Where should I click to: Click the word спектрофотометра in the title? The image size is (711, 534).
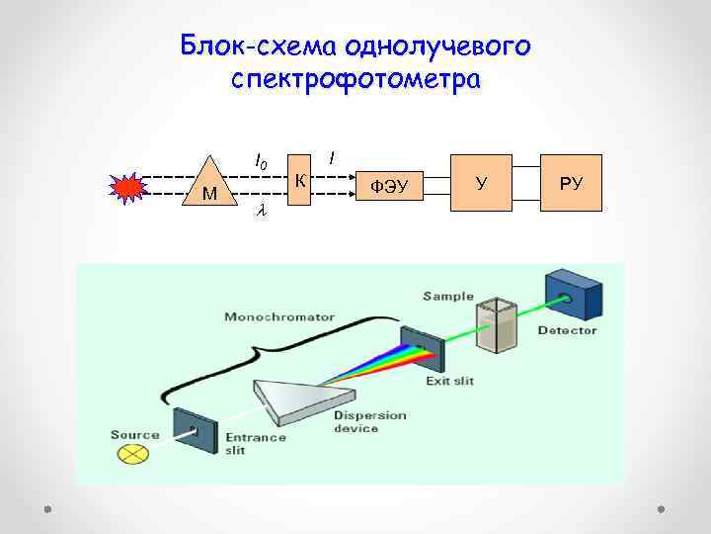coord(355,79)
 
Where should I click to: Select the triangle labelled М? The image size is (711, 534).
coord(208,184)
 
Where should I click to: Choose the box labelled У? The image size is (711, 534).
coord(481,182)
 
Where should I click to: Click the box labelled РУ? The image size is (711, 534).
coord(572,182)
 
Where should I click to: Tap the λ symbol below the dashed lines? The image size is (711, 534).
coord(261,210)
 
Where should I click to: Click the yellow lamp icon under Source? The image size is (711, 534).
coord(131,454)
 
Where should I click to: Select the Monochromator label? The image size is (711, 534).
coord(279,317)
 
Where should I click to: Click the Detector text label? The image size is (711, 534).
coord(567,330)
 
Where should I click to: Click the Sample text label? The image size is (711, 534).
coord(448,296)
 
